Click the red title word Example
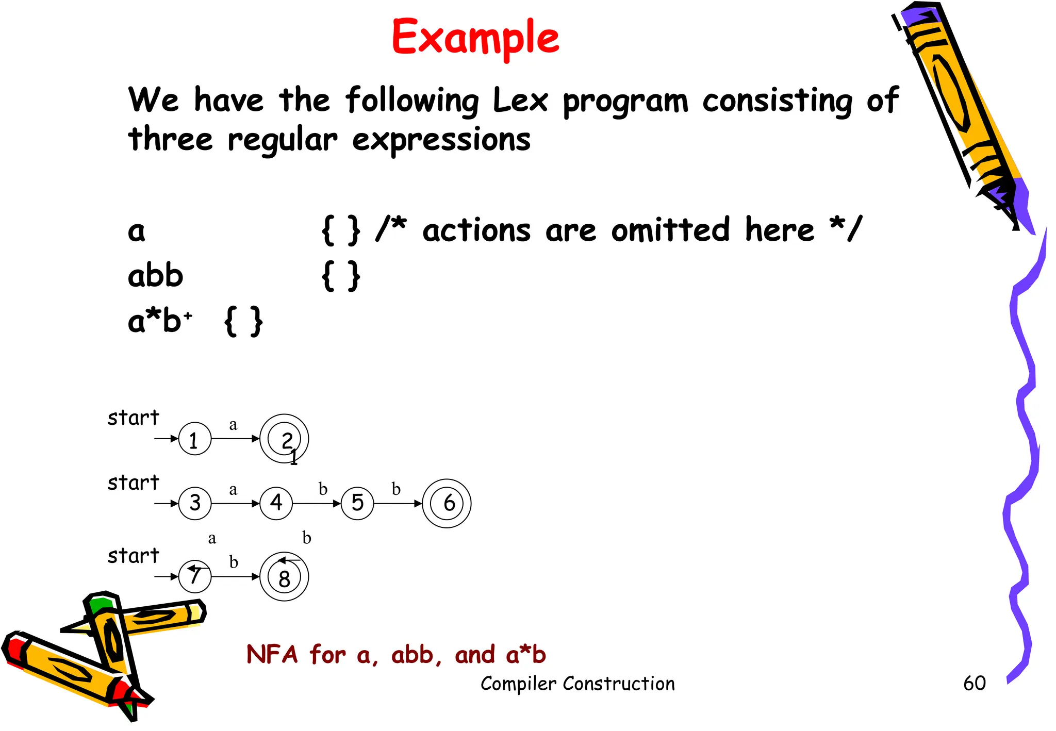coord(475,37)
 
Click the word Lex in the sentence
coord(520,100)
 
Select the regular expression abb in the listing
coord(155,276)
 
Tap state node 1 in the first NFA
coord(194,439)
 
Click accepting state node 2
coord(284,439)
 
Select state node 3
coord(194,503)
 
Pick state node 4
coord(276,503)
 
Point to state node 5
coord(357,503)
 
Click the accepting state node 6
coord(447,503)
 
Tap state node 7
coord(194,576)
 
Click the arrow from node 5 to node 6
coord(398,504)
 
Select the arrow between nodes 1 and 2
coord(235,439)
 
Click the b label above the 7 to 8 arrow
coord(234,562)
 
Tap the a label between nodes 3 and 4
coord(233,489)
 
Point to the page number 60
coord(974,684)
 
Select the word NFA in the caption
coord(272,655)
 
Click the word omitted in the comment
coord(670,230)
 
